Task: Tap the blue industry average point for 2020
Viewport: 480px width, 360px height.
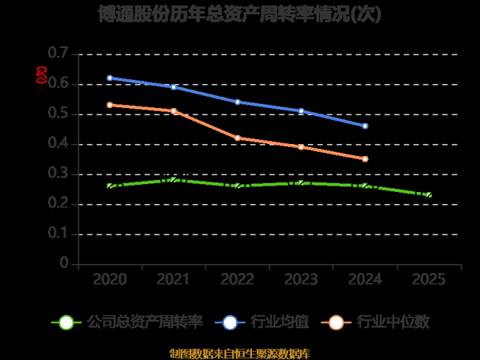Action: pos(110,78)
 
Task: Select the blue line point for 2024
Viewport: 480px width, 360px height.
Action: pos(365,126)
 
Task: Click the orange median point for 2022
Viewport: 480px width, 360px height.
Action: pos(238,138)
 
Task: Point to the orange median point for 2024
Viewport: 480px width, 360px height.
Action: pos(365,158)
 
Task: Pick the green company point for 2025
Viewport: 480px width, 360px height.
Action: pos(429,194)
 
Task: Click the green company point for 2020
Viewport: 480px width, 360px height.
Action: pos(110,186)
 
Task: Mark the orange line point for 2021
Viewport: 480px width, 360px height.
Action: pos(174,110)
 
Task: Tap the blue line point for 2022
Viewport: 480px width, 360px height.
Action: pos(238,102)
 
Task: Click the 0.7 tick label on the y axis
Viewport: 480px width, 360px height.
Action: pos(58,54)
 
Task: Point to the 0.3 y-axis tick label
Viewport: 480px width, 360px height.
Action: pos(58,174)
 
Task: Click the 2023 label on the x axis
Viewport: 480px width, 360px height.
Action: pos(302,280)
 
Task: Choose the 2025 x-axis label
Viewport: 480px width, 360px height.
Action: pos(429,280)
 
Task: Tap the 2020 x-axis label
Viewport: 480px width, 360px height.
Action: pos(110,280)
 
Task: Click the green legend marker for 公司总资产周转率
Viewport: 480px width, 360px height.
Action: pos(66,322)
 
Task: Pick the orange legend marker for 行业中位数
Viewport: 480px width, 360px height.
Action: pos(337,322)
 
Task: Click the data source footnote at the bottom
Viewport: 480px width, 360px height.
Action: pos(240,353)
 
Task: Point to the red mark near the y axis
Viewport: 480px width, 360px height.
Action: pos(42,76)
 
